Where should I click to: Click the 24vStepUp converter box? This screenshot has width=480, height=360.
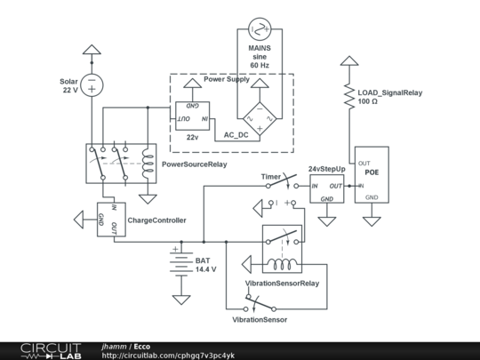[325, 190]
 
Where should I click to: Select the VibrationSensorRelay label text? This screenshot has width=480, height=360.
[282, 284]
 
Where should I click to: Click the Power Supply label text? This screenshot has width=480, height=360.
[227, 79]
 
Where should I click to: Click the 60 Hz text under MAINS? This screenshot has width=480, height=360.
[260, 66]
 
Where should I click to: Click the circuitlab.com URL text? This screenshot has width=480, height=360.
[169, 355]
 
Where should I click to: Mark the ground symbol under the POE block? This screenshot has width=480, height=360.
[372, 218]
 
